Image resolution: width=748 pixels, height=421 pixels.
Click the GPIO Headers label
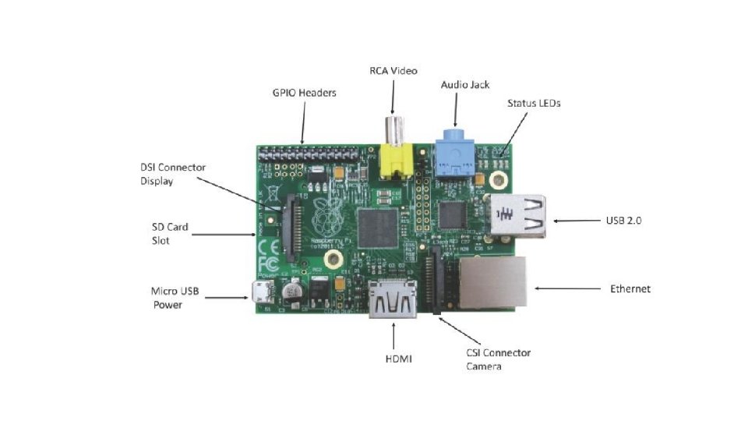pos(304,93)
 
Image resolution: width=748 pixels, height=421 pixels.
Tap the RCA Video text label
pos(393,71)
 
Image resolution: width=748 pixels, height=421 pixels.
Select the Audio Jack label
pos(465,84)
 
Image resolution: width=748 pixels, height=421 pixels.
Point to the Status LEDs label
pos(534,102)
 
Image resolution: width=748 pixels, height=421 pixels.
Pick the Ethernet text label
pos(630,288)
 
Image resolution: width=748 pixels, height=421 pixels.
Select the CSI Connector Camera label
pos(498,359)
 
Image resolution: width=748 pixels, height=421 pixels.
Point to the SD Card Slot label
pos(169,234)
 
